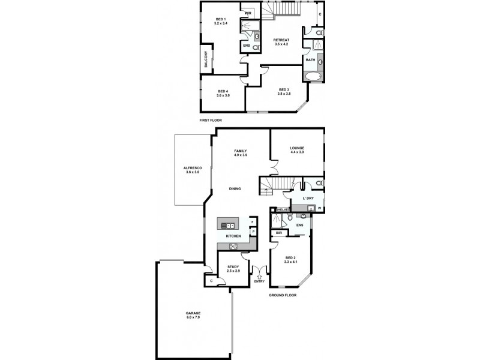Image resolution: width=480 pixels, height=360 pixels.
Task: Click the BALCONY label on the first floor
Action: point(206,63)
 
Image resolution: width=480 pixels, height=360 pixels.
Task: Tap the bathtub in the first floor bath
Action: point(313,76)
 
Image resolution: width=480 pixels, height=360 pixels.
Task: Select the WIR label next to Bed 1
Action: point(248,12)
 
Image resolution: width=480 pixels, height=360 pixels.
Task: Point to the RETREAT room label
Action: point(282,40)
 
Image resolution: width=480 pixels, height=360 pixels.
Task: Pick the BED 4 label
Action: point(223,91)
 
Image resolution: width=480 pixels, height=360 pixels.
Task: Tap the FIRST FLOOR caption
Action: point(211,120)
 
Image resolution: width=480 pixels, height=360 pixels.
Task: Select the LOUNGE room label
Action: point(297,148)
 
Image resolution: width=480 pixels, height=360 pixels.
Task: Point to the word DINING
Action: point(235,189)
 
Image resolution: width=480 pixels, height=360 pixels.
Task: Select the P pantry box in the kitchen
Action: point(253,232)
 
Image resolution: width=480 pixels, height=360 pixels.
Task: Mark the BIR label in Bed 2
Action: point(279,233)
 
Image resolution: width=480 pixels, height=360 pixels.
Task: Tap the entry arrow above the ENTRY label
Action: point(260,276)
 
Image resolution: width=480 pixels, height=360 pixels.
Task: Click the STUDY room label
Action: point(233,267)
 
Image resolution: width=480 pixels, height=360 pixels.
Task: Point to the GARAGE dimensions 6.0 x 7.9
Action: point(193,318)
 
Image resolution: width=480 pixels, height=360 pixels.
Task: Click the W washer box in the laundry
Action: point(319,208)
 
